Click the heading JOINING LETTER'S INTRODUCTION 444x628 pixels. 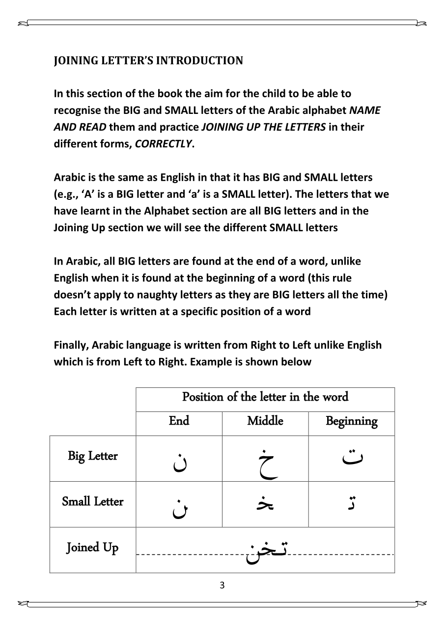(148, 61)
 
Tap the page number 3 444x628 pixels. (222, 585)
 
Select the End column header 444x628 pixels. (179, 421)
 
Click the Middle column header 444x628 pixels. (265, 421)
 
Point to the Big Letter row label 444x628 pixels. (93, 456)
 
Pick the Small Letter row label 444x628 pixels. (93, 502)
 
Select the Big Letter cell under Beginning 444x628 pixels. (352, 459)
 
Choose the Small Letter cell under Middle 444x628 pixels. (265, 504)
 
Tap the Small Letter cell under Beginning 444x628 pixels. (352, 504)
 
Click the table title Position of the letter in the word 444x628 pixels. (265, 397)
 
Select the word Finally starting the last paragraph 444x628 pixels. (71, 345)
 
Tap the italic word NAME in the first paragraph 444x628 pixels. (365, 110)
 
